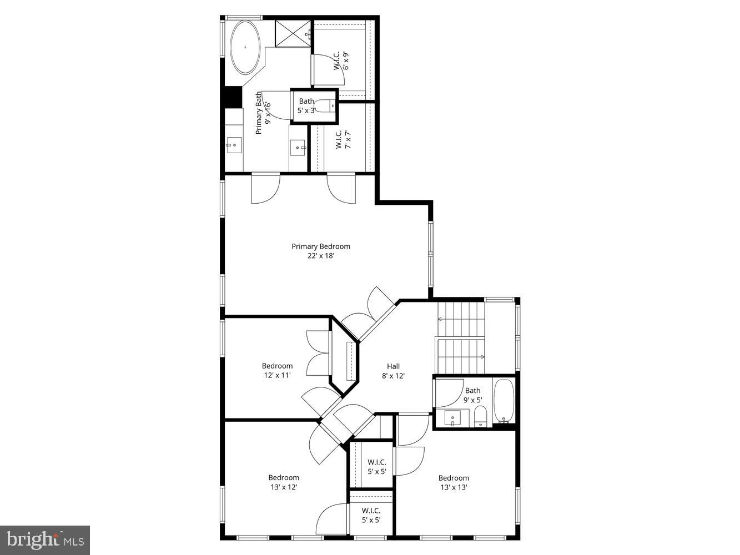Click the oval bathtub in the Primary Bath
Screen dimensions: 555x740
click(x=245, y=48)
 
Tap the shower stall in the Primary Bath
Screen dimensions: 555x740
click(x=293, y=34)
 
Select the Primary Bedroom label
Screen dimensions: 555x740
click(x=321, y=246)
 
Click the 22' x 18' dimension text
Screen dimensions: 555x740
click(x=321, y=256)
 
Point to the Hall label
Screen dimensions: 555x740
click(x=393, y=366)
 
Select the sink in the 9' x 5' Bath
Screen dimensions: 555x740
click(x=454, y=417)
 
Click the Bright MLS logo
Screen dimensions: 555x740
click(x=45, y=539)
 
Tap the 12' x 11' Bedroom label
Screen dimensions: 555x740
click(x=277, y=366)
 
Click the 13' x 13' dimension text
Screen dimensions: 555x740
click(x=454, y=487)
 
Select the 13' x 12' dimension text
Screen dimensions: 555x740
click(x=284, y=487)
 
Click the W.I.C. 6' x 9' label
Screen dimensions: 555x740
click(x=341, y=60)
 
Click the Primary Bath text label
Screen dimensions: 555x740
click(x=259, y=113)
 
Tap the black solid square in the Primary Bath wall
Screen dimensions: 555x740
click(x=231, y=97)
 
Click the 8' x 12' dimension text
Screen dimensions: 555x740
click(x=393, y=376)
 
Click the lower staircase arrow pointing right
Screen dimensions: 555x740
click(x=481, y=356)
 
